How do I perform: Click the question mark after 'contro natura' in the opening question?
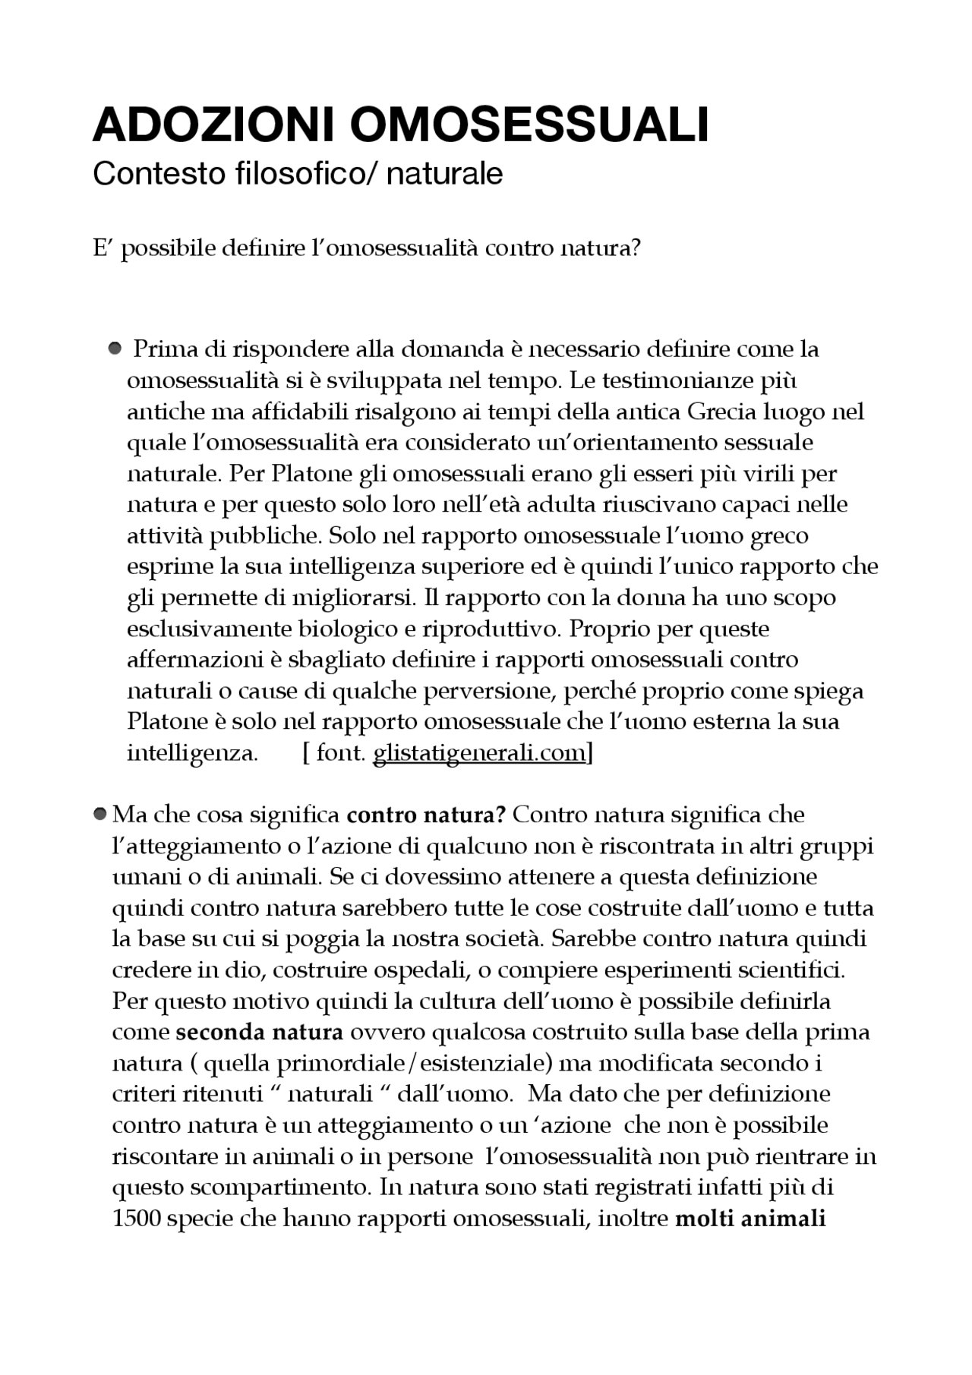636,248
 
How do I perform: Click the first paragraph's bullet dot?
115,348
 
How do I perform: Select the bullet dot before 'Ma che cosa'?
99,814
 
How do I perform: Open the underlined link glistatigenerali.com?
480,753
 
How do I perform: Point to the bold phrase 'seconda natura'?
259,1033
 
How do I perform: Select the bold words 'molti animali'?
750,1219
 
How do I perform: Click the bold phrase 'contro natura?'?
425,815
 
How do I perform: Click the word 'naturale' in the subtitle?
444,174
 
